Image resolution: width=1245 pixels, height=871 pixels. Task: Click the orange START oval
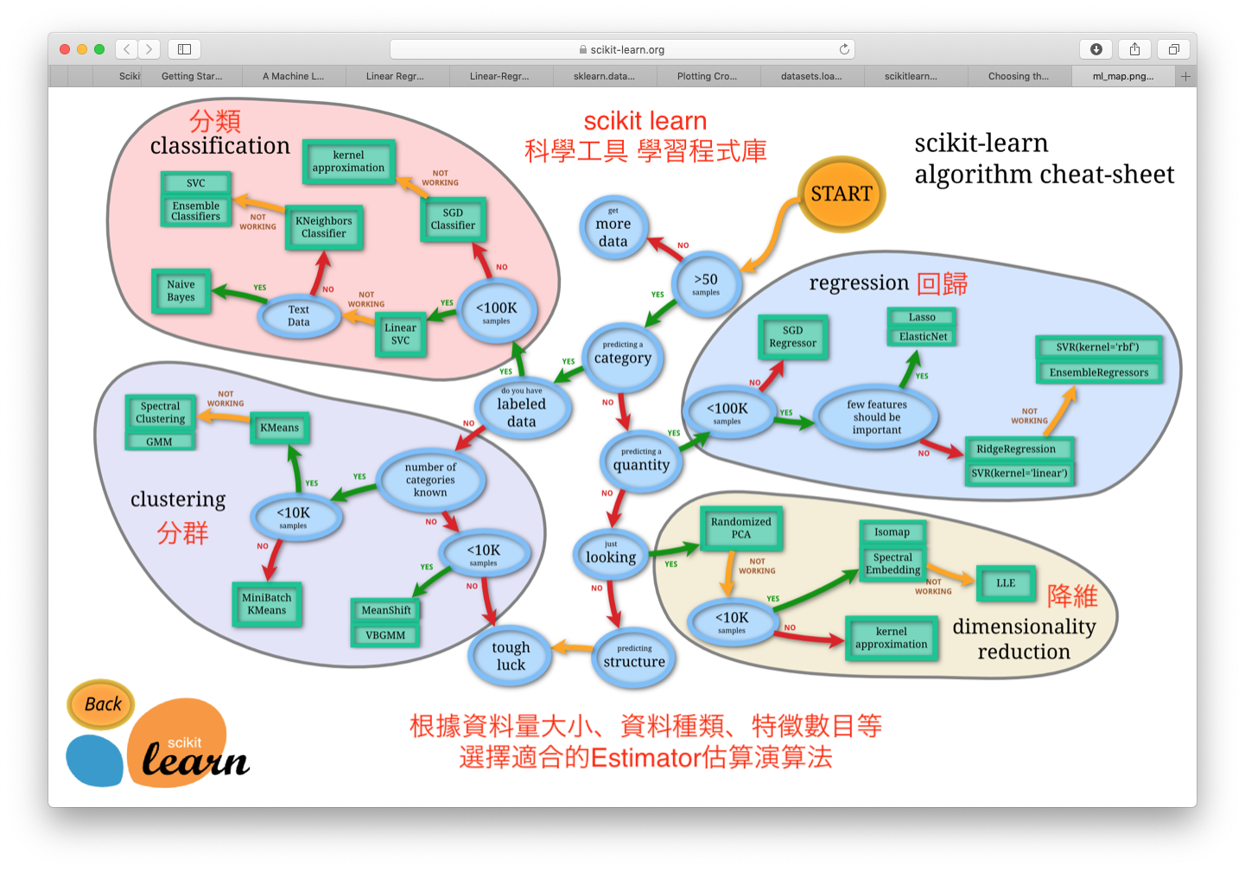click(841, 194)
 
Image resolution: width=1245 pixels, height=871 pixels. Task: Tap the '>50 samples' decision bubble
click(706, 284)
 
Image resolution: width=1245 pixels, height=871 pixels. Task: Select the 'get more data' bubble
click(613, 228)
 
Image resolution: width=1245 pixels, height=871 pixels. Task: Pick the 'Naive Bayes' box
click(181, 291)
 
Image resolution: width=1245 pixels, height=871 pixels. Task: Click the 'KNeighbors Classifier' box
click(324, 227)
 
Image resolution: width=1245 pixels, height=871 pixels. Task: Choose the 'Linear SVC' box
click(400, 334)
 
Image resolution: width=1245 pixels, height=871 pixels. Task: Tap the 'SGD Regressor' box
click(792, 337)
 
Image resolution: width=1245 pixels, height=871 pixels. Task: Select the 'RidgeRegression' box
click(1016, 449)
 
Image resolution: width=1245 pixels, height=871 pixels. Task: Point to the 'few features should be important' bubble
click(876, 417)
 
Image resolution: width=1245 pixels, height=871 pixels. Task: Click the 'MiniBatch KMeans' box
click(267, 604)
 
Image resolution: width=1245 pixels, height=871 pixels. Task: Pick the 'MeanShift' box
click(386, 610)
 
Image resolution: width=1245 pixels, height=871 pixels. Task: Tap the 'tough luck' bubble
click(511, 656)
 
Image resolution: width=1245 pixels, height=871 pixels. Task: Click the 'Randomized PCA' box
click(740, 528)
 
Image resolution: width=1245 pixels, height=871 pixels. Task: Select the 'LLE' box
click(1006, 583)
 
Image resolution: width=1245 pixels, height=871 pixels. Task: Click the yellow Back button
click(102, 704)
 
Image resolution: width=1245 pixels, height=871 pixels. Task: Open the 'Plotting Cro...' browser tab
click(708, 76)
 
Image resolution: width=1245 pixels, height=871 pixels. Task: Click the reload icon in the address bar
click(844, 49)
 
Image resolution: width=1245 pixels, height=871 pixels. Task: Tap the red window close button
click(65, 49)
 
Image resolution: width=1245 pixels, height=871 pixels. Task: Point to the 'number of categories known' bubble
click(430, 480)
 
